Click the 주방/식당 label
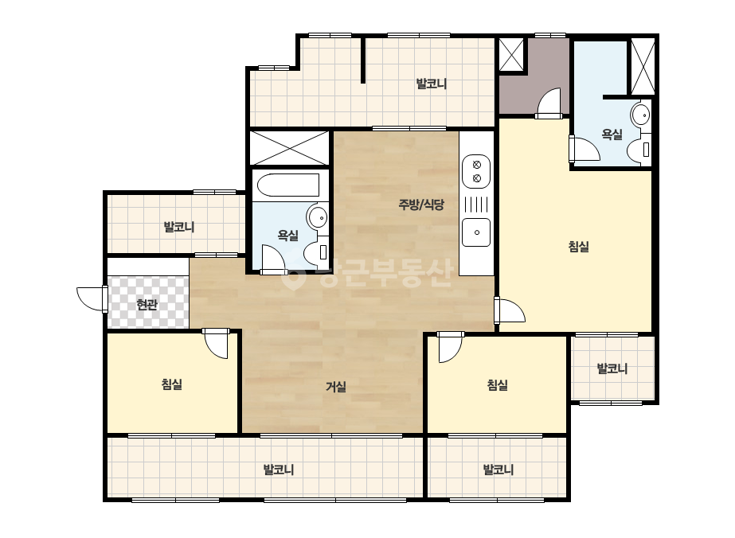(x=421, y=205)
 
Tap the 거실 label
(x=336, y=387)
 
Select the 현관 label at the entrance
(x=147, y=305)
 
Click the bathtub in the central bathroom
(x=289, y=185)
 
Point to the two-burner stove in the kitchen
(x=476, y=171)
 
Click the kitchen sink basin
(x=476, y=232)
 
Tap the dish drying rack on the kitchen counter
(x=476, y=205)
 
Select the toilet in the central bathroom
(x=317, y=251)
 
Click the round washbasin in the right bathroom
(x=640, y=115)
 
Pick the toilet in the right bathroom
(x=639, y=149)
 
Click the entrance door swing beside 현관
(x=92, y=298)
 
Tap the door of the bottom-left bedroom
(x=217, y=344)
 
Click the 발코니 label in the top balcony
(x=432, y=84)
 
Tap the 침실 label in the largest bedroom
(x=578, y=247)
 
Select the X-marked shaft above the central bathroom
(x=289, y=147)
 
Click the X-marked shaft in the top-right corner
(x=643, y=66)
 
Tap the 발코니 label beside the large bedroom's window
(x=612, y=368)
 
